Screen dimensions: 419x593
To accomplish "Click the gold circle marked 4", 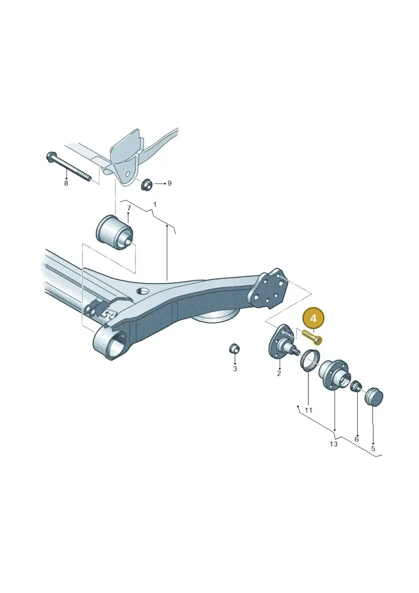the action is click(x=314, y=318).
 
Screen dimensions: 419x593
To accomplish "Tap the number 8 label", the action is click(x=66, y=184).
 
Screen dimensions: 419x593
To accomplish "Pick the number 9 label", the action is click(x=170, y=184).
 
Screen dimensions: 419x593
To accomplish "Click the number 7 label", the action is click(x=128, y=208).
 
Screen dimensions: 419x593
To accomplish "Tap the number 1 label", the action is click(x=155, y=204).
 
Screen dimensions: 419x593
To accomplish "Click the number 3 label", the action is click(x=235, y=369).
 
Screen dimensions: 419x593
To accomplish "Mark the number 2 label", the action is click(x=279, y=374).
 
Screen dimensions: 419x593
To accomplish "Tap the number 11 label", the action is click(x=308, y=410).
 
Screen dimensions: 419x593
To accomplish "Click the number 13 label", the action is click(x=334, y=444).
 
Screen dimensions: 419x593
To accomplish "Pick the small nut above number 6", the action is click(x=356, y=386).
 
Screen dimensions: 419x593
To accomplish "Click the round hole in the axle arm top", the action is click(x=143, y=292).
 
